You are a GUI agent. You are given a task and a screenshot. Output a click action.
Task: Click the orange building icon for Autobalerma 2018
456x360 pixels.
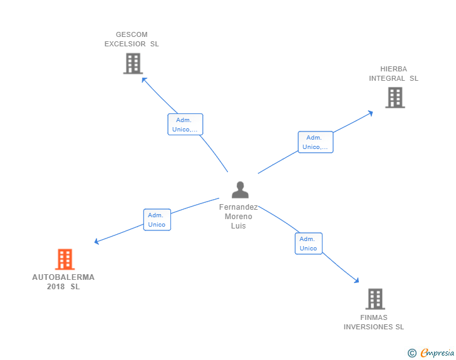coord(65,259)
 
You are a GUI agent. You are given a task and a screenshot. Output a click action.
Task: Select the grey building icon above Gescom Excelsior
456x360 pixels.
coord(133,63)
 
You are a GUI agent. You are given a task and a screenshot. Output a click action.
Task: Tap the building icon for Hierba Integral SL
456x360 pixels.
coord(395,97)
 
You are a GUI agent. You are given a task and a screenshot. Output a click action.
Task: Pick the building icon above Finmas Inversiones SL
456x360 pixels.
coord(375,299)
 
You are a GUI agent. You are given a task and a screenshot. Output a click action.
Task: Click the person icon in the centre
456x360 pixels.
coord(240,189)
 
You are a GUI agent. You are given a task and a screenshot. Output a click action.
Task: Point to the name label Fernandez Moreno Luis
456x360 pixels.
coord(238,216)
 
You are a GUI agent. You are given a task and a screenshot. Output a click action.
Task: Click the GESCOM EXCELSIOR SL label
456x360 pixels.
coord(132,39)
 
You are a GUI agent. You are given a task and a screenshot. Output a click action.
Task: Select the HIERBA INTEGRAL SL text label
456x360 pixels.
coord(393,74)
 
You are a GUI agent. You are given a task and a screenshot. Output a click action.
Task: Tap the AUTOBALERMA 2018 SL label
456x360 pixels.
coord(63,282)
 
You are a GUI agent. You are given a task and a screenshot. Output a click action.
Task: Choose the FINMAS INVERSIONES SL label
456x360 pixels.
coord(374,322)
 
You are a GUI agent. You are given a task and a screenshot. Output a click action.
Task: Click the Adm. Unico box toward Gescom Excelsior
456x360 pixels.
coord(185,125)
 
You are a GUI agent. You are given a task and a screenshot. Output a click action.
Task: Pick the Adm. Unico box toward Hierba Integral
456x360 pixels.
coord(315,142)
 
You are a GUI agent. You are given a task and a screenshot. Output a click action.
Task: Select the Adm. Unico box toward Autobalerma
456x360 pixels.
coord(157,220)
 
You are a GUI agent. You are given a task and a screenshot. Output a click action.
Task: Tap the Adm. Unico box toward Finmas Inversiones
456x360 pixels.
coord(308,244)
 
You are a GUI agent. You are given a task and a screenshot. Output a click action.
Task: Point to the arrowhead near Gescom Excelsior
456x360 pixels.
coord(143,79)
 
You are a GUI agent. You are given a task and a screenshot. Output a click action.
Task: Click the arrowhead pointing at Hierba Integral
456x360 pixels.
coord(371,113)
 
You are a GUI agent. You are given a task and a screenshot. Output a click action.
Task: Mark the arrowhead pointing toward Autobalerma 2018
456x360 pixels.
coord(96,242)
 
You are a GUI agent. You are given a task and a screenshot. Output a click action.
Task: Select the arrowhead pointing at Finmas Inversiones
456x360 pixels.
coord(357,280)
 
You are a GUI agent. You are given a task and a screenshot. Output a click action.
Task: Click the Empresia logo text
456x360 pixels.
coord(437,353)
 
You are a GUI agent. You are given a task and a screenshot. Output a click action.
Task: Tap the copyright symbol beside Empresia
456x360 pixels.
coord(412,353)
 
